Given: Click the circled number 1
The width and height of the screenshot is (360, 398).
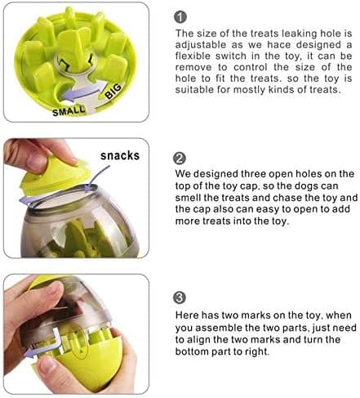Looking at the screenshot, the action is pyautogui.click(x=180, y=17).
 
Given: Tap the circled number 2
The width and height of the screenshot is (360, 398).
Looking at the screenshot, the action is pyautogui.click(x=180, y=159).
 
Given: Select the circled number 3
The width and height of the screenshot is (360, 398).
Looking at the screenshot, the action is pyautogui.click(x=180, y=297).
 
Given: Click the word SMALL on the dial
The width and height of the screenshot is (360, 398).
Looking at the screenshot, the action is pyautogui.click(x=69, y=111).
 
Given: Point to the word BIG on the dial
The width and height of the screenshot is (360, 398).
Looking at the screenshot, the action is pyautogui.click(x=113, y=91).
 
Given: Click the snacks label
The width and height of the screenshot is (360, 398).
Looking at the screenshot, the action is pyautogui.click(x=120, y=155).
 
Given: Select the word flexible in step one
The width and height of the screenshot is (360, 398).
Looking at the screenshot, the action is pyautogui.click(x=193, y=56).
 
